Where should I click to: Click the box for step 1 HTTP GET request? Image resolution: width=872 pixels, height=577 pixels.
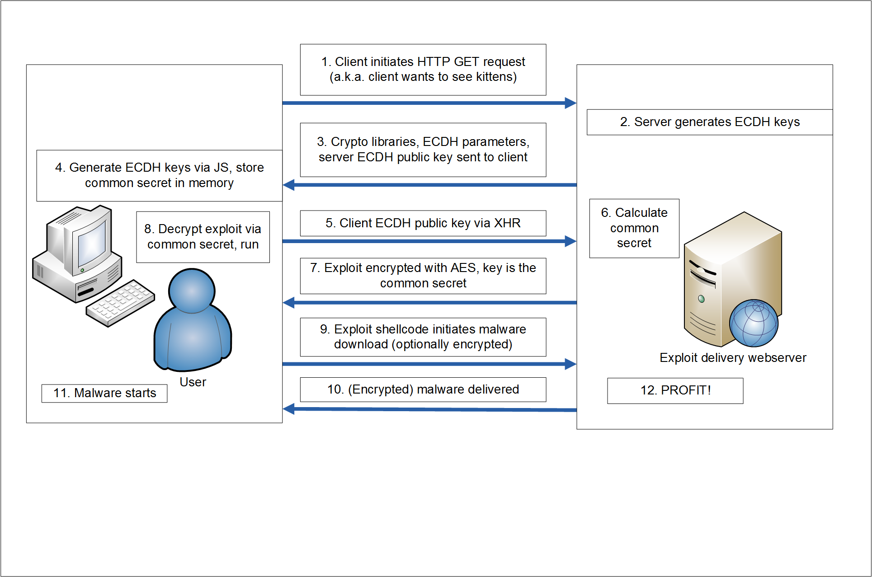423,70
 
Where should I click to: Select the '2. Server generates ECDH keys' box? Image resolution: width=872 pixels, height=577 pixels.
709,122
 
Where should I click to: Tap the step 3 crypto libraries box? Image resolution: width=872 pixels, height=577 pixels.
423,150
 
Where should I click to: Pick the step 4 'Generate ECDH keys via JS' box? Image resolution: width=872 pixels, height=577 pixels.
159,175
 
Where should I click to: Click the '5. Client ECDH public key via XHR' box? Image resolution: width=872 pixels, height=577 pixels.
423,223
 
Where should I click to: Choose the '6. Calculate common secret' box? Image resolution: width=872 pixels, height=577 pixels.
634,228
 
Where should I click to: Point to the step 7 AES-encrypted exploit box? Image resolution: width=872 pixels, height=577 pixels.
423,276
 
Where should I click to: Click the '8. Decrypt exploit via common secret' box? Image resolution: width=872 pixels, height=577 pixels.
203,237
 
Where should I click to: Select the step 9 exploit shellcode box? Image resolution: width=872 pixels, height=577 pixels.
423,337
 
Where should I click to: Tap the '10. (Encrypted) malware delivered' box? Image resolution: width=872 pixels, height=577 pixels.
423,389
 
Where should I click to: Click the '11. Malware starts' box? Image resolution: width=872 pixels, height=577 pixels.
104,393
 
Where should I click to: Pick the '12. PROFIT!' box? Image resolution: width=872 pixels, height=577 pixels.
675,390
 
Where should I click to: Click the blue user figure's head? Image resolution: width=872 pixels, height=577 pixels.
192,290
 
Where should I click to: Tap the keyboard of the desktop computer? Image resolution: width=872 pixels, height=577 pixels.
120,303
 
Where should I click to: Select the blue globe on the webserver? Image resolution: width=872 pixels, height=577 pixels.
754,323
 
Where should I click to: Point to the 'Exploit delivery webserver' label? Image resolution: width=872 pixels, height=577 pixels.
732,358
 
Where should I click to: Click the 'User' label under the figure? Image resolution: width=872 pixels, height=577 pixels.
193,382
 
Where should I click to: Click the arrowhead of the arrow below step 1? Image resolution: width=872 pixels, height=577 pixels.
570,103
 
